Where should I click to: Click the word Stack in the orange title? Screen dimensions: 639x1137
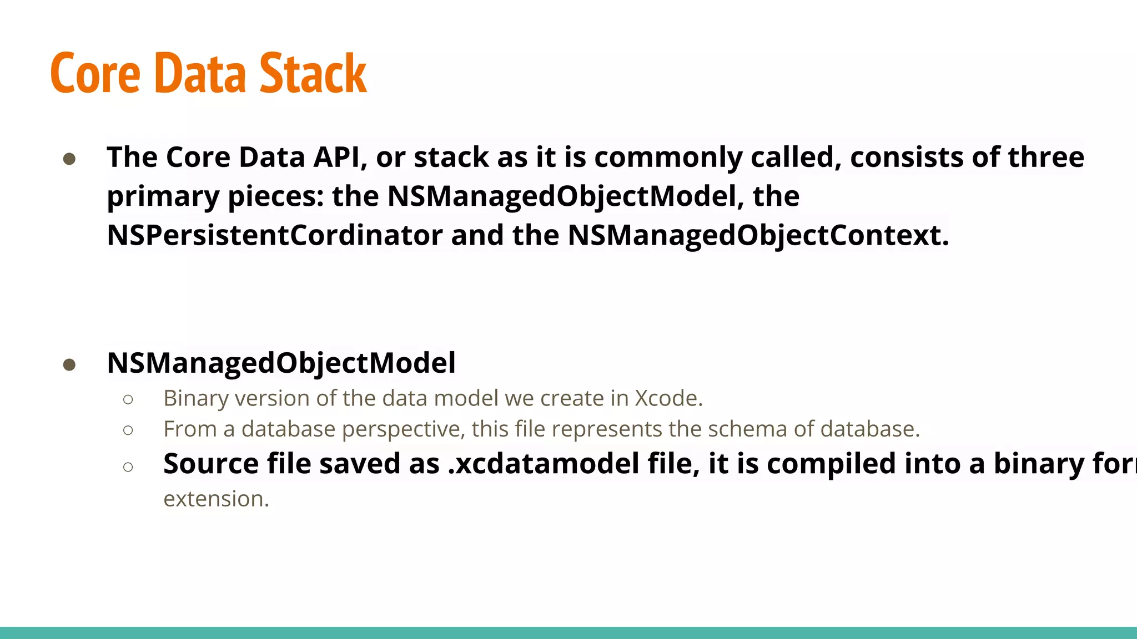pos(313,73)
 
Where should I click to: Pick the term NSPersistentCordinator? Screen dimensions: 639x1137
pos(275,235)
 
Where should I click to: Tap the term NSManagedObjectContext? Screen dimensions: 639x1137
pos(758,235)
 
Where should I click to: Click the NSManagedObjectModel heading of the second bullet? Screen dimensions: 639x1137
pos(281,363)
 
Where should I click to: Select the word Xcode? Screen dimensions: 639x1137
pos(668,398)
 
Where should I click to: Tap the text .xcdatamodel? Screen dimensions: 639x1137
pos(544,464)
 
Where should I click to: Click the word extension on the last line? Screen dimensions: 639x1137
pos(216,499)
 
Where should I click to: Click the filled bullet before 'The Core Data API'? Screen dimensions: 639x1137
pos(69,159)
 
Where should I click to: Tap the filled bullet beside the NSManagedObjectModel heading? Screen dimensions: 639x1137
pos(69,364)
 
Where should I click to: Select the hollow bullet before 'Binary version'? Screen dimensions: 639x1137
pos(128,399)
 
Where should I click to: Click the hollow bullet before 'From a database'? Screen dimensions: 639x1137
pos(128,430)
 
